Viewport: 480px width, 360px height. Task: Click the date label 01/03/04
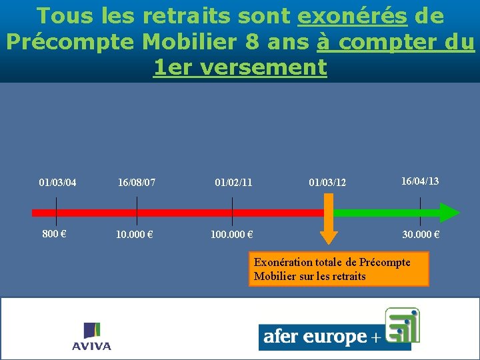click(x=57, y=182)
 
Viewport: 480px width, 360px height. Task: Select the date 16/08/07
click(x=137, y=182)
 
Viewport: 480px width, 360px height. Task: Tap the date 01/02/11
click(x=233, y=182)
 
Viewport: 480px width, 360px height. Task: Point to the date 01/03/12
click(x=328, y=182)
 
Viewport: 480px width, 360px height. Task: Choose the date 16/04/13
click(x=420, y=181)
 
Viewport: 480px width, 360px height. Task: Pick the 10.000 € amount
click(x=135, y=235)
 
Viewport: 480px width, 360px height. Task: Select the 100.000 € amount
click(x=231, y=235)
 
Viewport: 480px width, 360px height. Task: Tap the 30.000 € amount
click(x=420, y=235)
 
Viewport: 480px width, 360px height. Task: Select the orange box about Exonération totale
click(x=339, y=269)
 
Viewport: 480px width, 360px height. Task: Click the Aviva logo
click(x=91, y=337)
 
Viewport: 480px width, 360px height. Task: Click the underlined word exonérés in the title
click(x=352, y=16)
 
